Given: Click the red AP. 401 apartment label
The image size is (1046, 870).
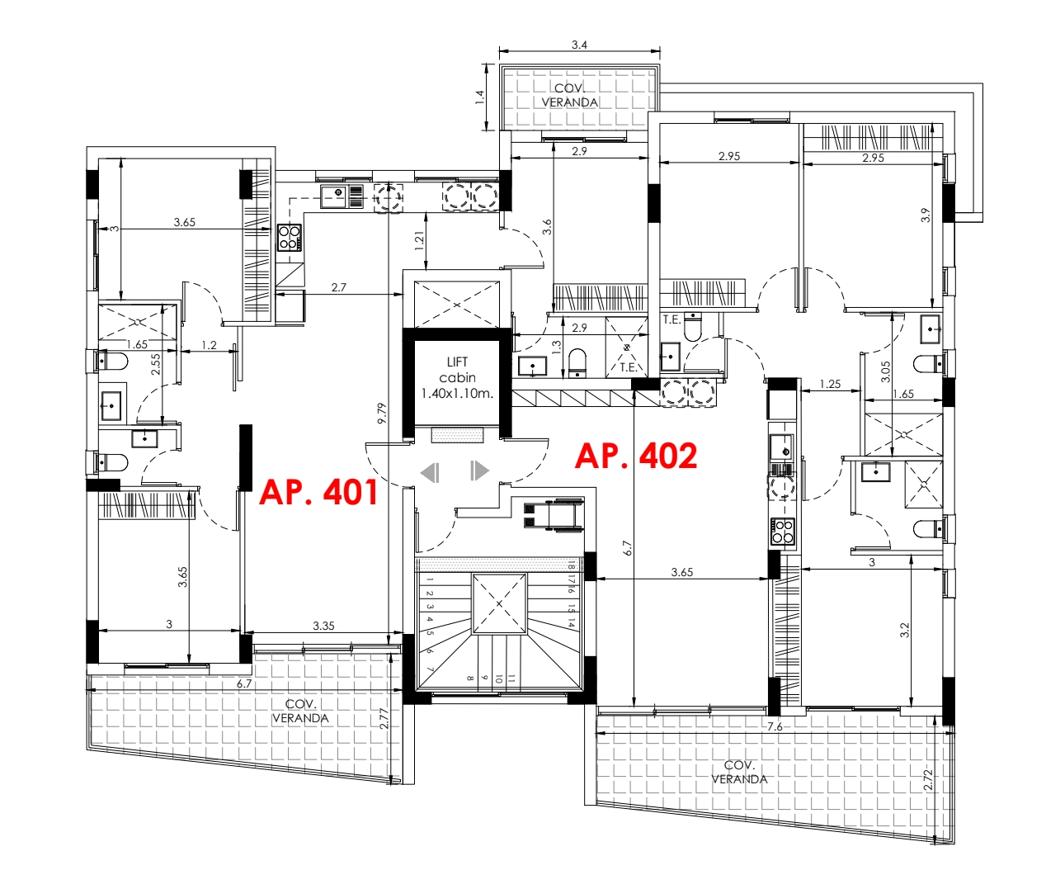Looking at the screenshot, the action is click(318, 492).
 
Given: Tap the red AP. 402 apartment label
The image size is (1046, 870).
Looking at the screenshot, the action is click(636, 456).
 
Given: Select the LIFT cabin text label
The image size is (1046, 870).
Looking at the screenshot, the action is click(457, 370).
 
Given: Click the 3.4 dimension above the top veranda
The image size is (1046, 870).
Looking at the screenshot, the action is click(579, 45).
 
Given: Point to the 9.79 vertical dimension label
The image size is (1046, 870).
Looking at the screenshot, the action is click(382, 414).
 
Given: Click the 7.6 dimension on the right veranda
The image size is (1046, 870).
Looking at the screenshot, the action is click(775, 726).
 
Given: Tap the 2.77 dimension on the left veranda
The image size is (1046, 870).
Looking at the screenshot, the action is click(384, 719).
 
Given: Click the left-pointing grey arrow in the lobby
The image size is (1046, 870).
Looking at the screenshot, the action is click(430, 472).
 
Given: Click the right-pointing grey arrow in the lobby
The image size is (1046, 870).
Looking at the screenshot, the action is click(479, 470).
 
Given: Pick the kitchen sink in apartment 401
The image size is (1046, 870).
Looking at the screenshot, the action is click(342, 196).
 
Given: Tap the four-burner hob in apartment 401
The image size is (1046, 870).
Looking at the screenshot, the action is click(290, 238).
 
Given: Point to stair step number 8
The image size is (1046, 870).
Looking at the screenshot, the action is click(470, 679).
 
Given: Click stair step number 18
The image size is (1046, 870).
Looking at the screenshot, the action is click(571, 565).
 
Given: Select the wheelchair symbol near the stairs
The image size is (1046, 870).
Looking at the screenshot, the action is click(554, 514).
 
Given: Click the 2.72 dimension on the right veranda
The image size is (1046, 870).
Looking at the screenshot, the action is click(928, 780).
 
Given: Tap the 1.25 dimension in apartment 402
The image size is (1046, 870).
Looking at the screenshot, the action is click(830, 384).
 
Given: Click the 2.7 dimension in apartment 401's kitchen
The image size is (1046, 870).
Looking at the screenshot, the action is click(339, 287).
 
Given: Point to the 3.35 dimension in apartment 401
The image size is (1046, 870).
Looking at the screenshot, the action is click(323, 626).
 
